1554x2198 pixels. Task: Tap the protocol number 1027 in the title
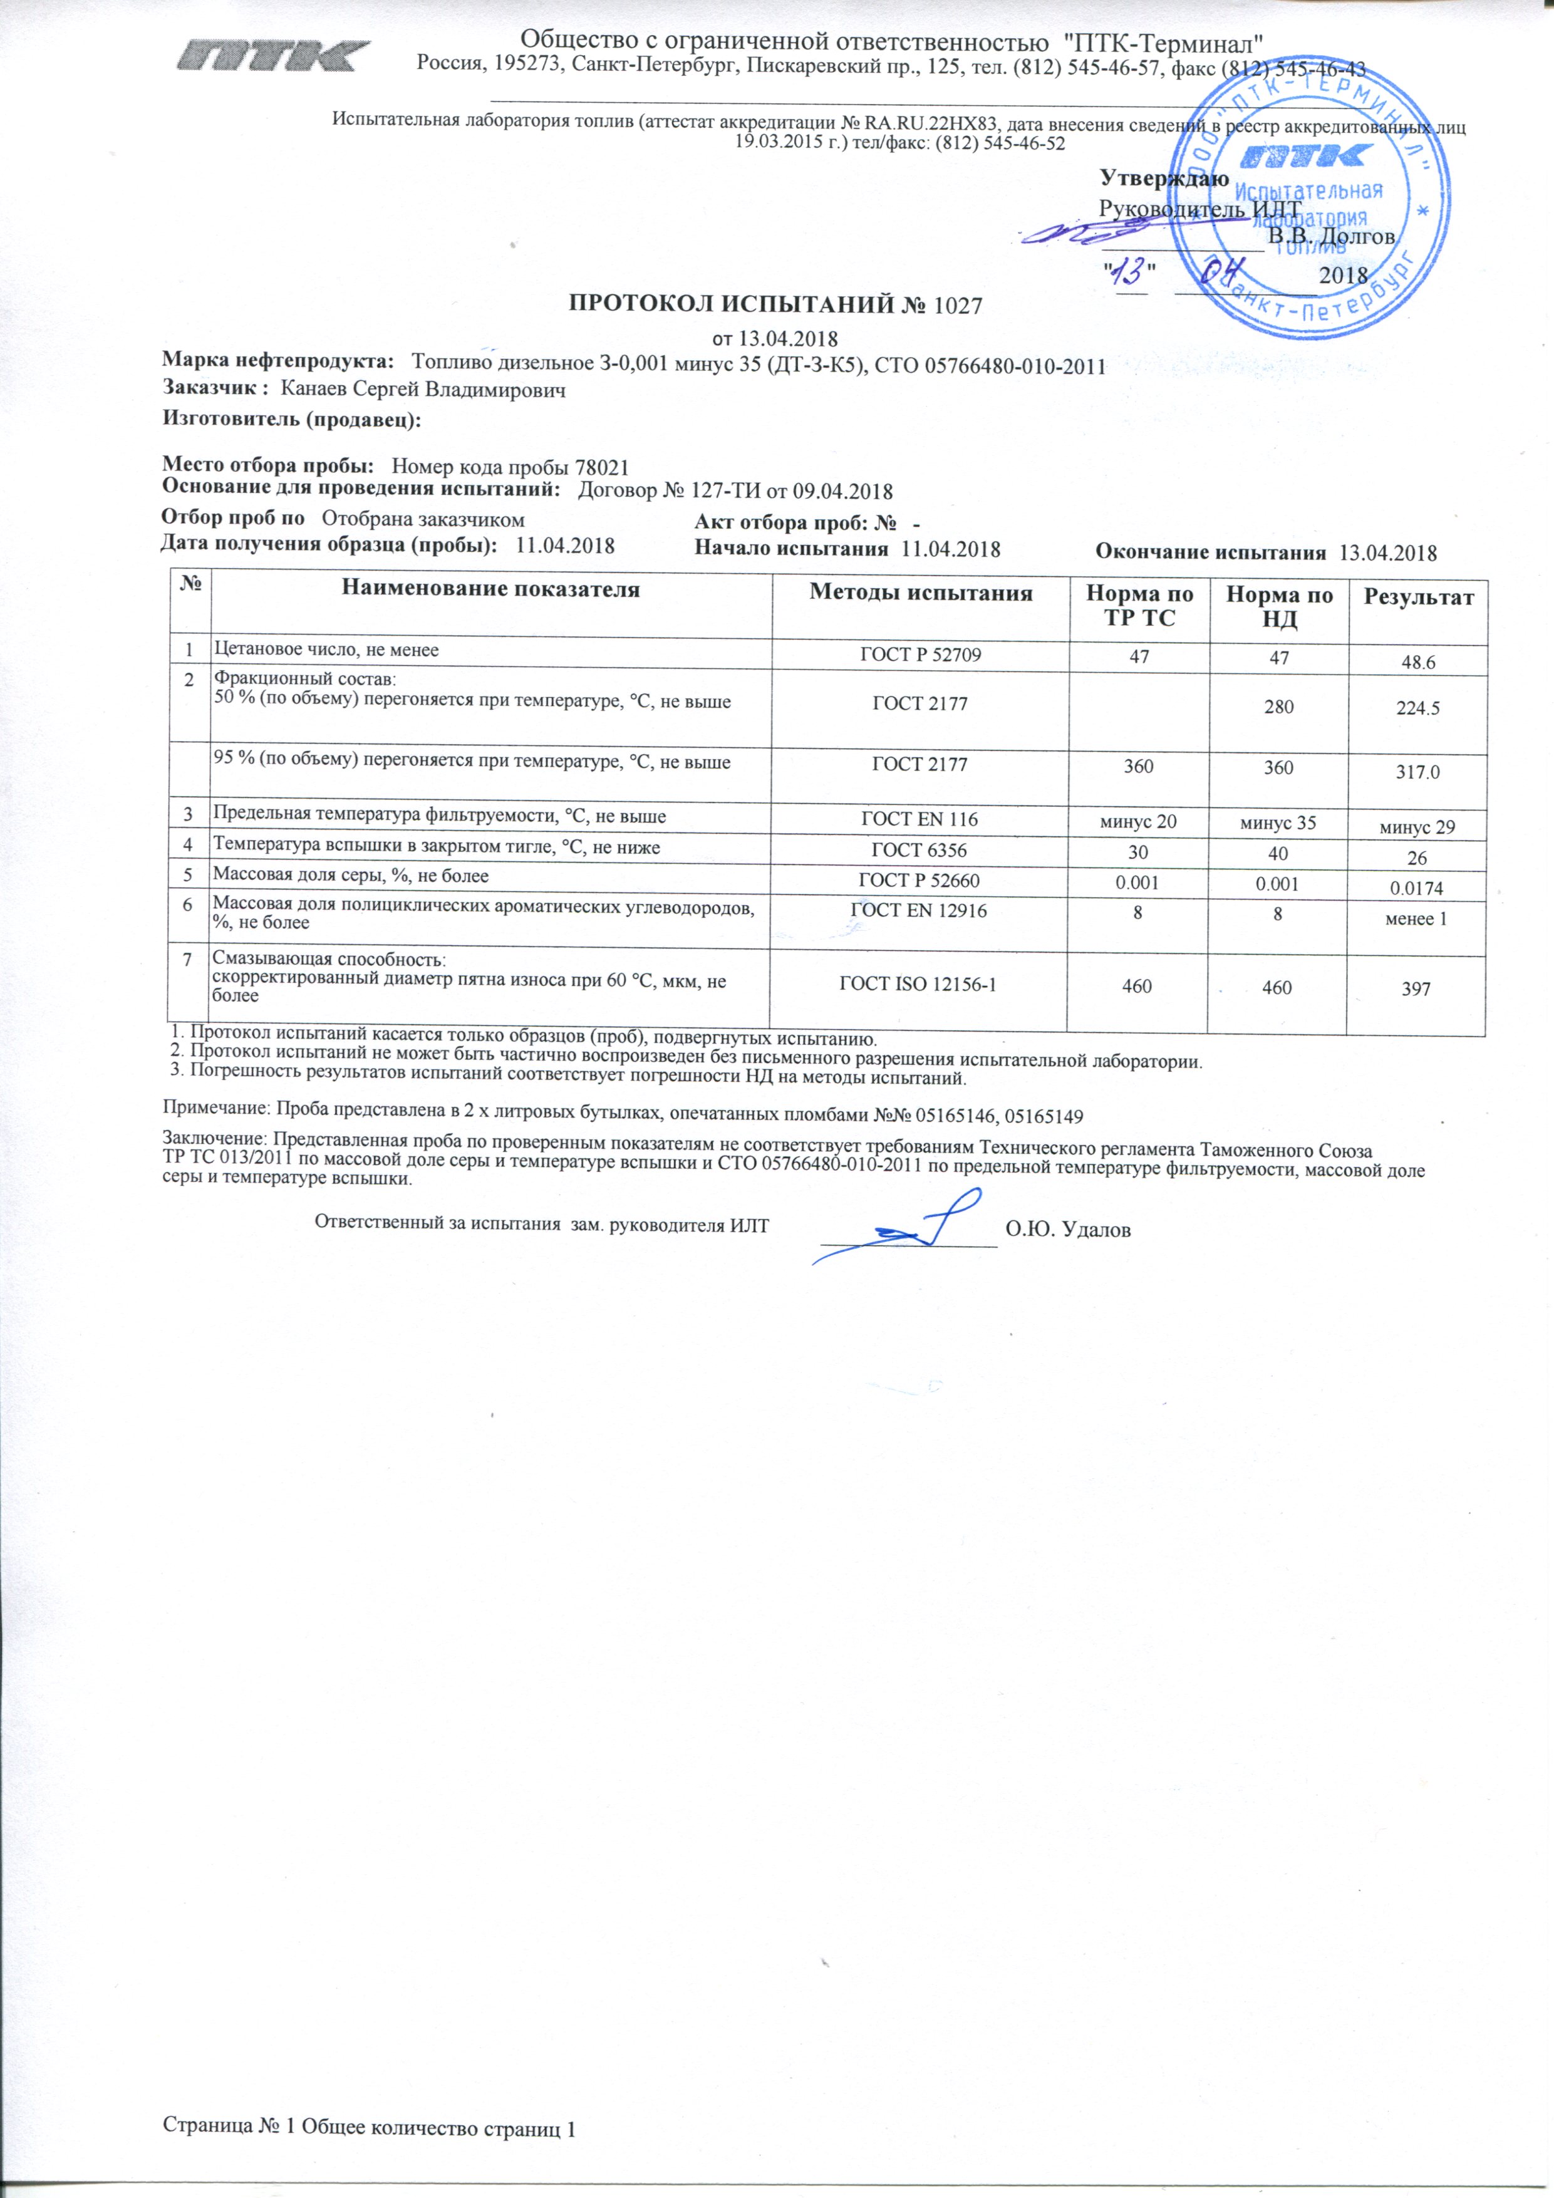[x=958, y=306]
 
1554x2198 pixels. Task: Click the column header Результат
[x=1418, y=598]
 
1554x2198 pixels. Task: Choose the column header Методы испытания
[x=921, y=594]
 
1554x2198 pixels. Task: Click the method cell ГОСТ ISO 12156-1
[x=918, y=984]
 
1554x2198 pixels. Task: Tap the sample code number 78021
[x=601, y=468]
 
